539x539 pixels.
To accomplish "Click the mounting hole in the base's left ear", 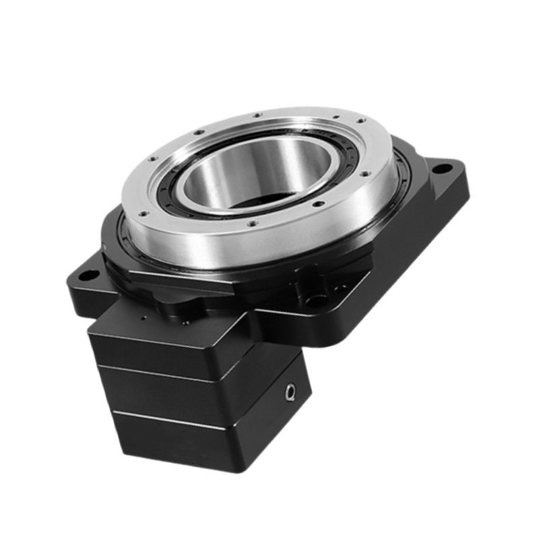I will tap(85, 275).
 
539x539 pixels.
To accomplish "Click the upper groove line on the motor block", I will tap(175, 372).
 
